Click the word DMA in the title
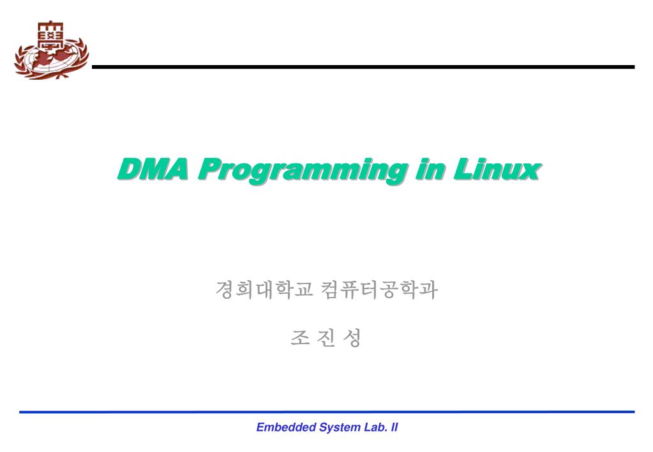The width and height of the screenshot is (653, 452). [x=153, y=170]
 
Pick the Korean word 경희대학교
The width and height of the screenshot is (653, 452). [x=264, y=290]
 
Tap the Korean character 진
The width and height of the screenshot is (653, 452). [x=326, y=338]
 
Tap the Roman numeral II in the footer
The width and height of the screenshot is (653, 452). [x=393, y=428]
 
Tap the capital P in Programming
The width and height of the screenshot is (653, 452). [x=208, y=170]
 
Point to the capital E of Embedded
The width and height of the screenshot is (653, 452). [x=260, y=428]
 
